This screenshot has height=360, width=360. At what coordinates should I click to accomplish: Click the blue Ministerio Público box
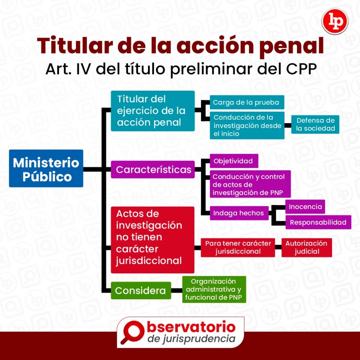(46, 169)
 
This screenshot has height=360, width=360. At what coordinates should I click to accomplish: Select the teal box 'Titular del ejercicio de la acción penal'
(153, 111)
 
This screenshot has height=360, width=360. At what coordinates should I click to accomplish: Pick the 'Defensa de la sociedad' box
(315, 124)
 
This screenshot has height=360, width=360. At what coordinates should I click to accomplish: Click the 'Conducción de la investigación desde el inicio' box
(247, 125)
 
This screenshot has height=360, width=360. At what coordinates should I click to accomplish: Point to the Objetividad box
(234, 161)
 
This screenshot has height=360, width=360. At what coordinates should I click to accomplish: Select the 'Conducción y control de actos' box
(250, 184)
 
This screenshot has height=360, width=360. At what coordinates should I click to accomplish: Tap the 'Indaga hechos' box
(239, 213)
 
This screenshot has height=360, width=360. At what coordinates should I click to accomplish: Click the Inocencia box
(305, 207)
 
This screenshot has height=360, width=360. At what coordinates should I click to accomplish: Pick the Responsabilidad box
(318, 222)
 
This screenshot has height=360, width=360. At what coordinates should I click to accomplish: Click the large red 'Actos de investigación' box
(153, 240)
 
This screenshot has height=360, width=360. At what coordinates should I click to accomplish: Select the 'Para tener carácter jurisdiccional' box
(238, 247)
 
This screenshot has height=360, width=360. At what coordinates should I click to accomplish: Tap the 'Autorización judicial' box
(306, 247)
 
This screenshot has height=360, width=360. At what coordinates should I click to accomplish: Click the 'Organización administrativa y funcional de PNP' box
(214, 290)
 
